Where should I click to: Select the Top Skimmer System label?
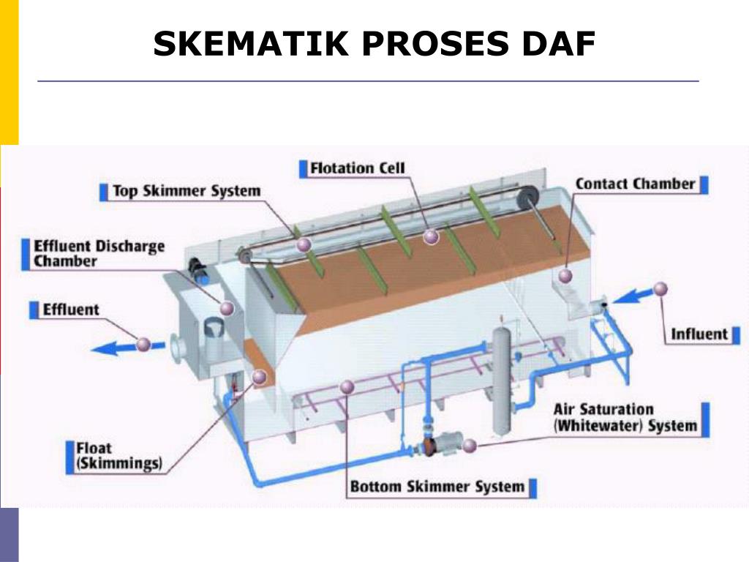(x=186, y=192)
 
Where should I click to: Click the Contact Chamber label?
(x=634, y=184)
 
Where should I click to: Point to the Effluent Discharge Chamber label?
(x=99, y=253)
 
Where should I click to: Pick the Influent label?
(x=699, y=334)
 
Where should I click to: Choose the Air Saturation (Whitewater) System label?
(x=625, y=418)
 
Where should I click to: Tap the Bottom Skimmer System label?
(x=437, y=487)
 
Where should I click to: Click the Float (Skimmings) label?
(x=118, y=455)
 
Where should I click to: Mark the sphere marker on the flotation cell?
(x=431, y=236)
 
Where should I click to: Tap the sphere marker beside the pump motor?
(x=470, y=445)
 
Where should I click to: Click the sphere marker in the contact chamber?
(x=565, y=275)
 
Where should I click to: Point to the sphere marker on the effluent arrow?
(x=143, y=342)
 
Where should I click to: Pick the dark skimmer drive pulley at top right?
(x=527, y=195)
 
